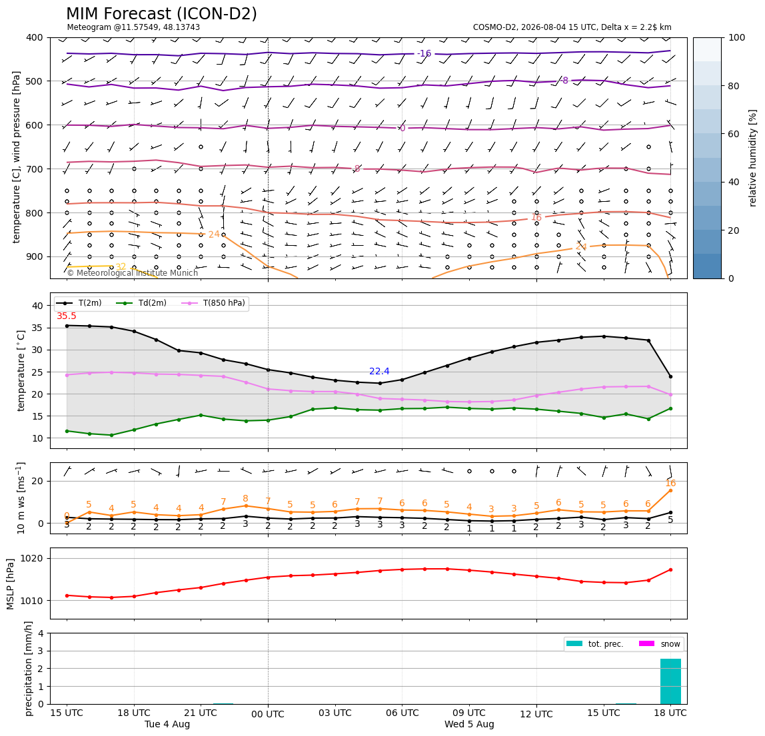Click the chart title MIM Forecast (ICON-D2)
click(161, 14)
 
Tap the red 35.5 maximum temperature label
click(67, 316)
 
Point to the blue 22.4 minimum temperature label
click(379, 371)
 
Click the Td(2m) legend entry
click(141, 303)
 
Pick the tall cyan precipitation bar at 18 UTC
click(670, 681)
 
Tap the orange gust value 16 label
click(670, 483)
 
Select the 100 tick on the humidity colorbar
click(737, 37)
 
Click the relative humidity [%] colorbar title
click(753, 158)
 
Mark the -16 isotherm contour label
click(424, 53)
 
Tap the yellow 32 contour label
click(121, 267)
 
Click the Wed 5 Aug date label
click(469, 724)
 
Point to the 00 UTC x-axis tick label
click(268, 714)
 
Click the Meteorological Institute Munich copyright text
click(133, 272)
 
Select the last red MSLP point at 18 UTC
click(670, 569)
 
